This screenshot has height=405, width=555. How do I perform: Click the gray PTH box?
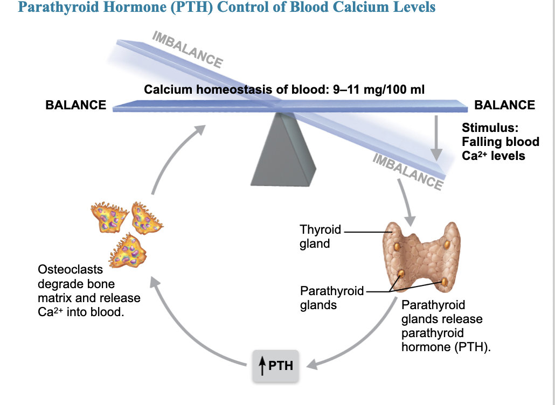click(275, 366)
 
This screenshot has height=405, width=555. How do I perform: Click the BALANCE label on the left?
click(76, 105)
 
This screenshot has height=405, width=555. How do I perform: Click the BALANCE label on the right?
click(504, 105)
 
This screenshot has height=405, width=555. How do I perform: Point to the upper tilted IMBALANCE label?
click(188, 50)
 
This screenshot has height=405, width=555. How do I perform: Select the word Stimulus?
click(490, 128)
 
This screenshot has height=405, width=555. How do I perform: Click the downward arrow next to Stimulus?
click(436, 138)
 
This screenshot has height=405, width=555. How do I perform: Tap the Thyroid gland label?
click(320, 236)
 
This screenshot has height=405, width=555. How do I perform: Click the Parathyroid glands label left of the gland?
click(332, 298)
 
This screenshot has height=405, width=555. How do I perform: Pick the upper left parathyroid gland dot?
click(397, 246)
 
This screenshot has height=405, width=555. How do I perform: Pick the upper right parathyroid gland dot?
click(447, 244)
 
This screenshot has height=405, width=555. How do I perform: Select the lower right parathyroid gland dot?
click(445, 282)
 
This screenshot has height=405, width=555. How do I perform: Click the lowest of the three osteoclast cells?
click(128, 250)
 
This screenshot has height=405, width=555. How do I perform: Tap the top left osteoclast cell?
click(109, 217)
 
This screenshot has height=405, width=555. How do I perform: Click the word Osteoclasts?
click(70, 269)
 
